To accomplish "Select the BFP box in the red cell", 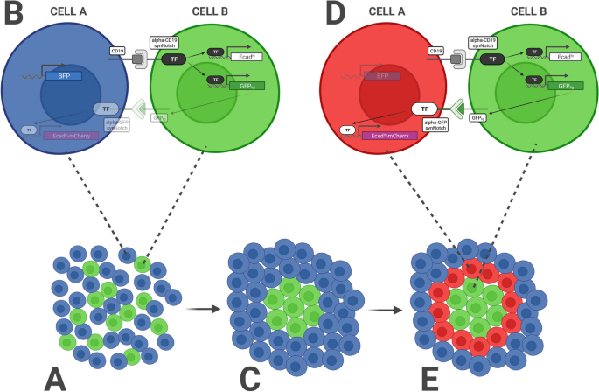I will point(383,76).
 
